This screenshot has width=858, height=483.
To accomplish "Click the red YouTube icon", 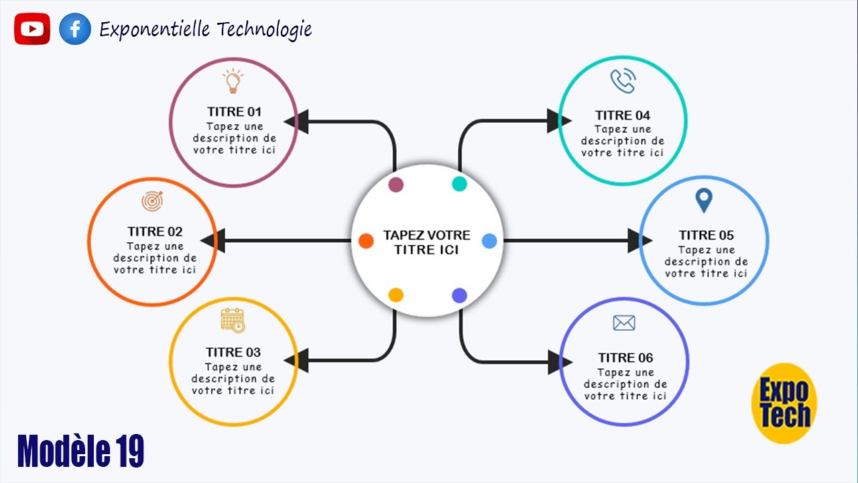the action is click(x=32, y=29).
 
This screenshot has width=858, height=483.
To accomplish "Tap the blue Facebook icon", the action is click(x=75, y=29).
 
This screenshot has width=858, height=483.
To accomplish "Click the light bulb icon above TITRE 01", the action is click(x=233, y=81).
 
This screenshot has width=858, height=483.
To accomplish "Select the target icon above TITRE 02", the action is click(x=152, y=201).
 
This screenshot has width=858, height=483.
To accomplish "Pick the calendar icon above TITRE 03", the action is click(x=233, y=320).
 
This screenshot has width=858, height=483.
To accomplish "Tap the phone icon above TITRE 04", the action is click(x=623, y=80).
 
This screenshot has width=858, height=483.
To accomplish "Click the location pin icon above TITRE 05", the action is click(x=704, y=201).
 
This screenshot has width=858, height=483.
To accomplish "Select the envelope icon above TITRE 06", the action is click(x=624, y=323).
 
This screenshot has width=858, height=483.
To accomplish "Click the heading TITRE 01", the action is click(x=235, y=112).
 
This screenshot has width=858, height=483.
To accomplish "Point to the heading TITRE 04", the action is click(x=623, y=115).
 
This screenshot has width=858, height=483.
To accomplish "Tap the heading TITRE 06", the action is click(x=625, y=358).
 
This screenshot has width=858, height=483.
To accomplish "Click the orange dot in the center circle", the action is click(x=366, y=241).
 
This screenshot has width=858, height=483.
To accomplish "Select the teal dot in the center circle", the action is click(x=460, y=184).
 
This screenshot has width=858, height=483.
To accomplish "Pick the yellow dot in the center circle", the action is click(x=396, y=295).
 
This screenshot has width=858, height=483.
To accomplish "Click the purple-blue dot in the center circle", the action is click(x=460, y=296).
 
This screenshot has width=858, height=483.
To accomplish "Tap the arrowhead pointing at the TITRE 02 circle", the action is click(x=213, y=241).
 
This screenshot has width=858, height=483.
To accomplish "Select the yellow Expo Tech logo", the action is click(x=784, y=403).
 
